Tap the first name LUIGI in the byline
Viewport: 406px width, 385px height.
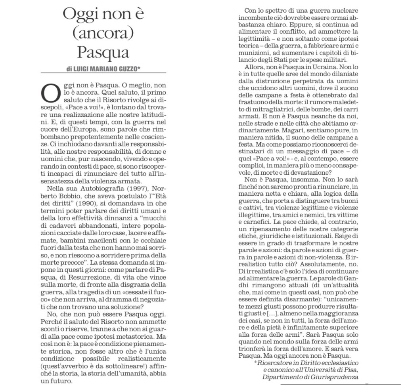click(x=82, y=69)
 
